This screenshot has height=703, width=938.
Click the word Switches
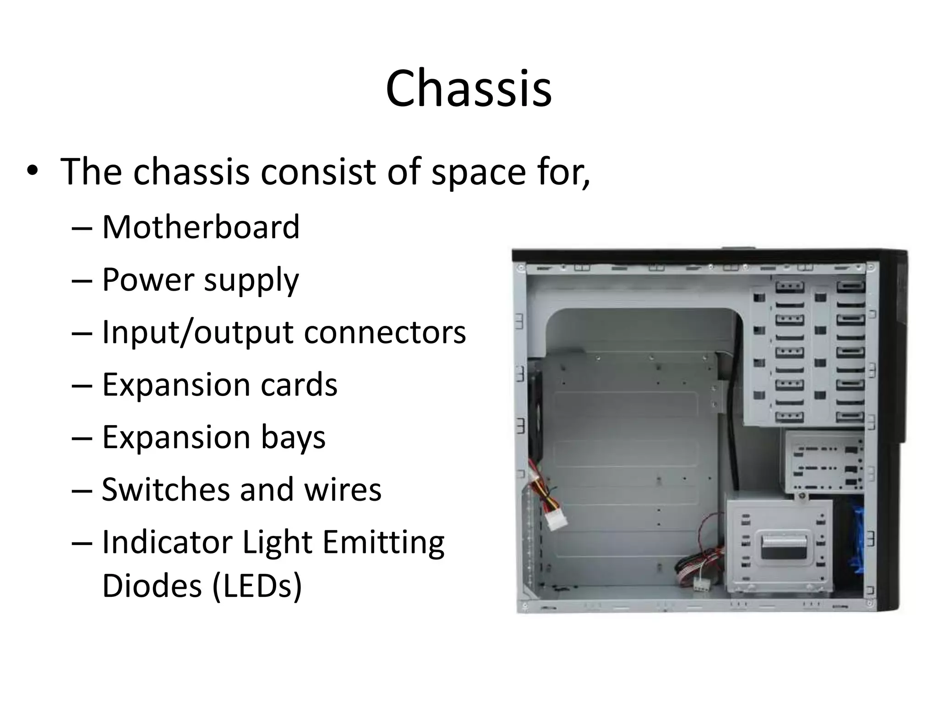click(165, 489)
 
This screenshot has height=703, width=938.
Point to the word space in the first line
click(478, 171)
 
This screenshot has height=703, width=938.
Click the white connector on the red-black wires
click(700, 584)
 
